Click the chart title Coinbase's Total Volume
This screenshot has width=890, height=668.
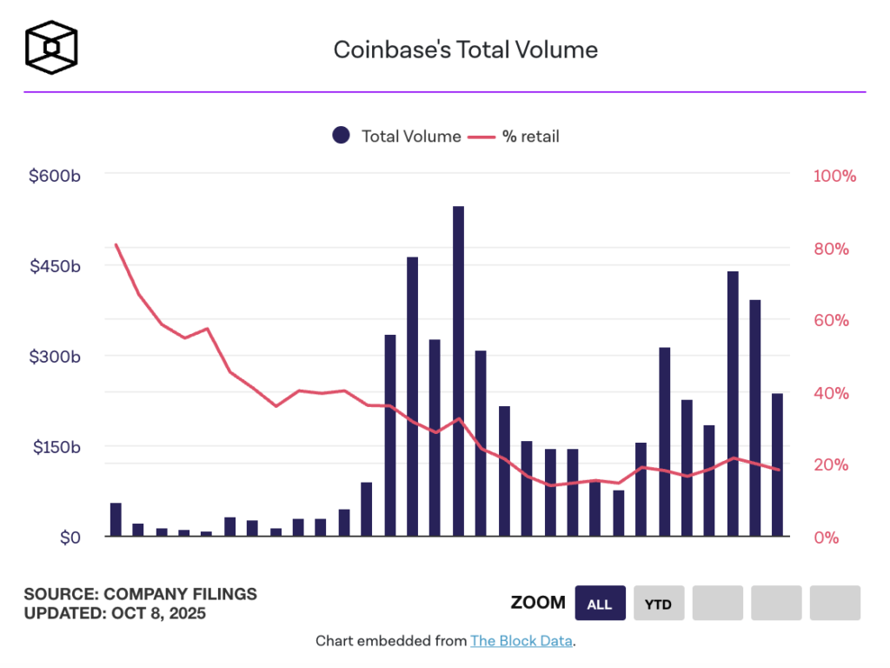(x=465, y=50)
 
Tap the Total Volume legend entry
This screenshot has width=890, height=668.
(x=397, y=136)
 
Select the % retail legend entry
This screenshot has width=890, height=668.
(x=515, y=136)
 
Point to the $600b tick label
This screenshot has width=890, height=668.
(x=55, y=176)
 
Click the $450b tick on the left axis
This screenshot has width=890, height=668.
(x=55, y=266)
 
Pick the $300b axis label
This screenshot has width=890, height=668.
(x=55, y=357)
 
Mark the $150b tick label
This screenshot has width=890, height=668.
(x=55, y=447)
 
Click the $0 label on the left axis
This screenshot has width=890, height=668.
(x=70, y=538)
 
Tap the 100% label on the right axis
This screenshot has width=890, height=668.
(x=834, y=176)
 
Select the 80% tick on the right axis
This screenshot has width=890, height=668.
(x=830, y=249)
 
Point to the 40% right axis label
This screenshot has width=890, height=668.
(x=830, y=393)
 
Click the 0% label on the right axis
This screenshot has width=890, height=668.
(x=826, y=538)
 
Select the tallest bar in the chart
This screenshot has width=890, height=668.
(x=458, y=371)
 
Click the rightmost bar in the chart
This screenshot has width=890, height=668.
(x=777, y=464)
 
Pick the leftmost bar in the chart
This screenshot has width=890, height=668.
(x=116, y=519)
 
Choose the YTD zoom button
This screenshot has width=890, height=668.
(x=658, y=604)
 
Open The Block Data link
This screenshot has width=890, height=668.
(x=521, y=641)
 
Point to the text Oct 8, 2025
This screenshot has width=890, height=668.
(x=158, y=612)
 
